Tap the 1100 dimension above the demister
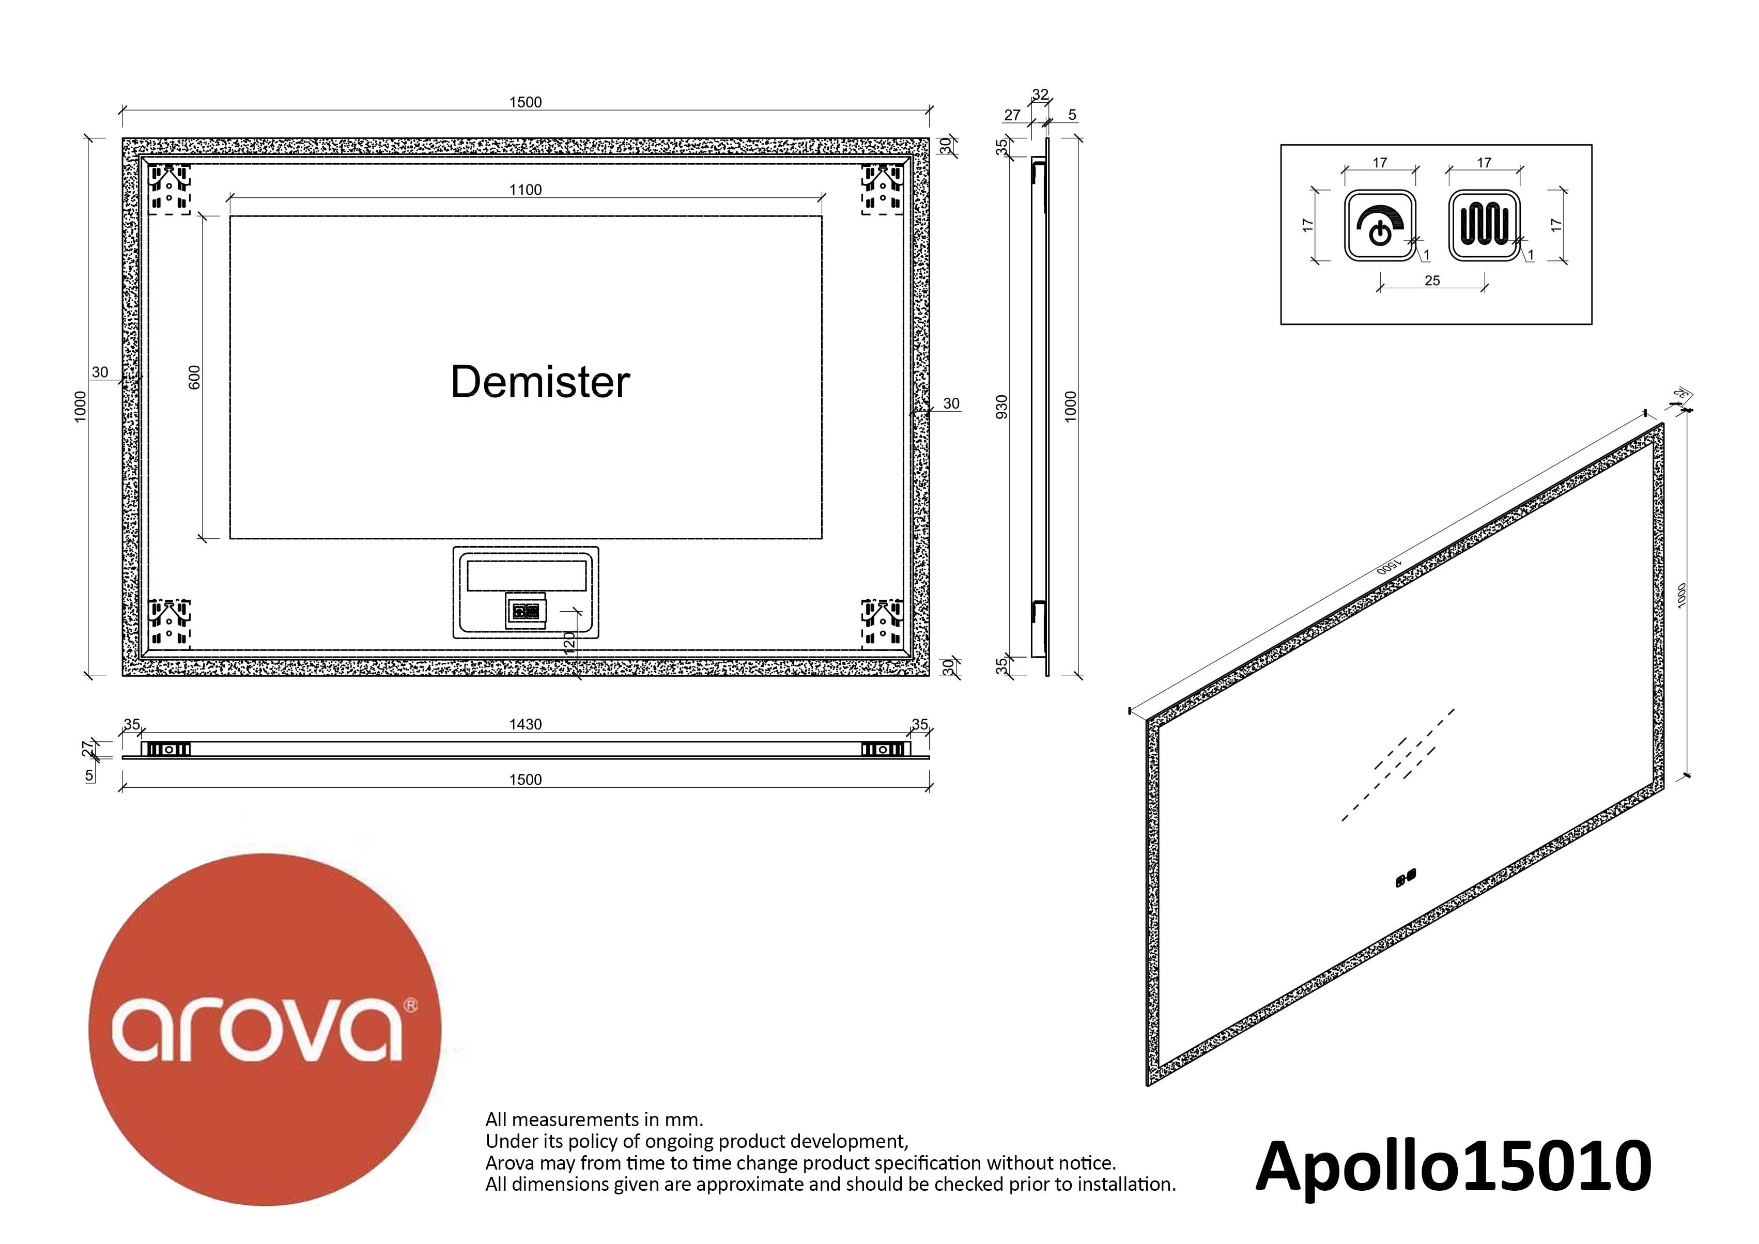tap(526, 190)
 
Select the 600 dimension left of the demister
tap(195, 377)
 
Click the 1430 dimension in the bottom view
tap(526, 725)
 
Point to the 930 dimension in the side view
tap(1002, 407)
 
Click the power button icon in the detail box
tap(1380, 225)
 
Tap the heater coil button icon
tap(1484, 225)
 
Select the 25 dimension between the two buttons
tap(1432, 281)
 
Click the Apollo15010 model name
tap(1453, 1167)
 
